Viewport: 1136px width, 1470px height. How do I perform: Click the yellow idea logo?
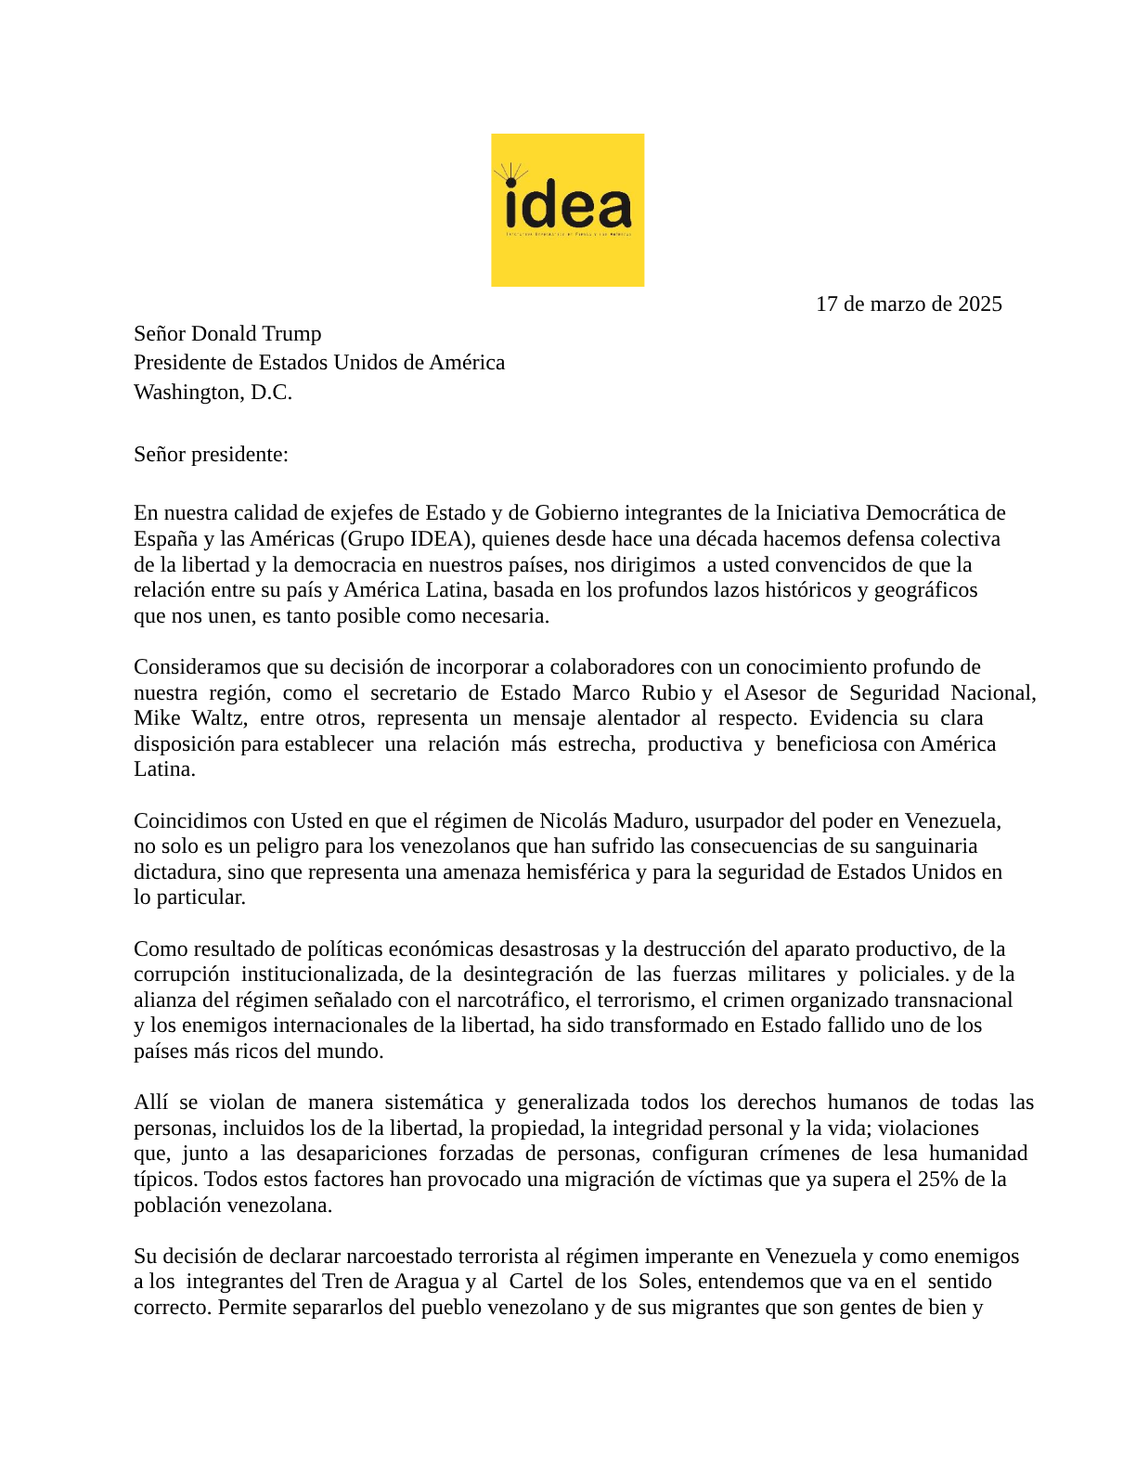coord(567,210)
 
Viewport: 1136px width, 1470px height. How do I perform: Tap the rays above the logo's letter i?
coord(510,173)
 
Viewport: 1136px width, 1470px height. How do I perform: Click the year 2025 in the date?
coord(979,304)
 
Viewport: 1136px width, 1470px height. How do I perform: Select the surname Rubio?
coord(668,693)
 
